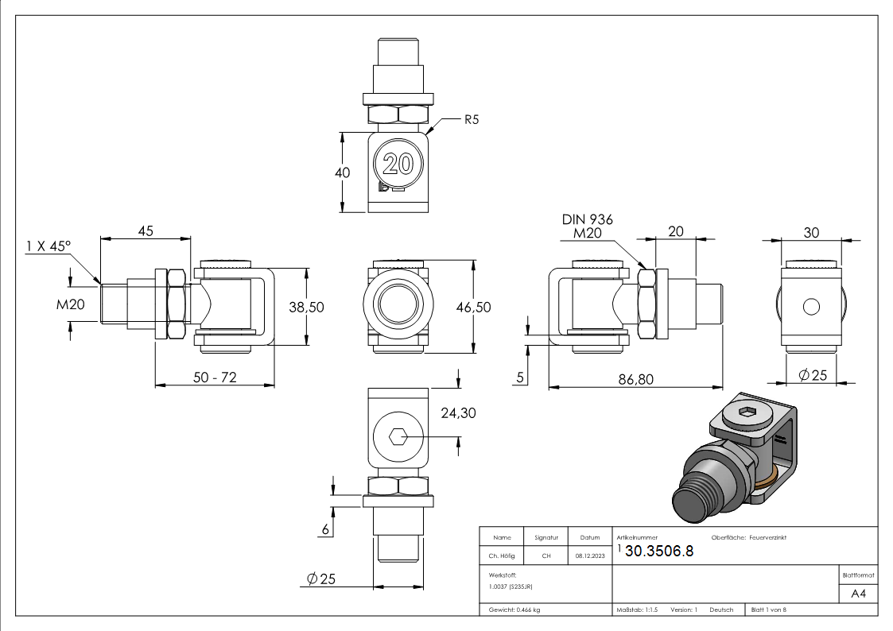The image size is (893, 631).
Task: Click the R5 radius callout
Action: click(472, 120)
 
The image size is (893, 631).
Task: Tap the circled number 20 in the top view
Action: click(398, 165)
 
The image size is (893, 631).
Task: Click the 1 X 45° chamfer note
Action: click(48, 246)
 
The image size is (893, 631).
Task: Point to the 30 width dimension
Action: click(811, 232)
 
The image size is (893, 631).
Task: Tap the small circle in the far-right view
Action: click(811, 307)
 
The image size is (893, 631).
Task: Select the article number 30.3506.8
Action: click(659, 552)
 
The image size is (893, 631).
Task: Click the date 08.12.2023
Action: click(590, 556)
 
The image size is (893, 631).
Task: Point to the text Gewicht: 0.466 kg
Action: click(515, 610)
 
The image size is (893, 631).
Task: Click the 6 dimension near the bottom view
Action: click(324, 529)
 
